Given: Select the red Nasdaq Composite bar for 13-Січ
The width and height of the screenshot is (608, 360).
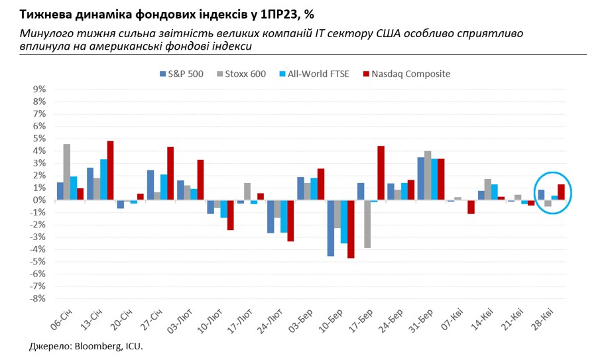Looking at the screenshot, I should point(110,170).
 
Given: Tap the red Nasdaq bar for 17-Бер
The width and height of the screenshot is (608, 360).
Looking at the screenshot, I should point(381,173).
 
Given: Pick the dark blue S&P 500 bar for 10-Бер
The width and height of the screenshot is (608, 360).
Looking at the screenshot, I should point(330,228).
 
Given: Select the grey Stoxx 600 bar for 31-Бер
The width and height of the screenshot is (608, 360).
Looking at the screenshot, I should point(428,176).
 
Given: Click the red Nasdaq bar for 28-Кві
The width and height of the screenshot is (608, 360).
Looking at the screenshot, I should point(561,192).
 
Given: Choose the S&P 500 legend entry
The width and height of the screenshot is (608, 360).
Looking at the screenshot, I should point(181,74).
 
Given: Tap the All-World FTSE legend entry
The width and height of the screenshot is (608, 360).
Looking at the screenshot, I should point(310,74).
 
